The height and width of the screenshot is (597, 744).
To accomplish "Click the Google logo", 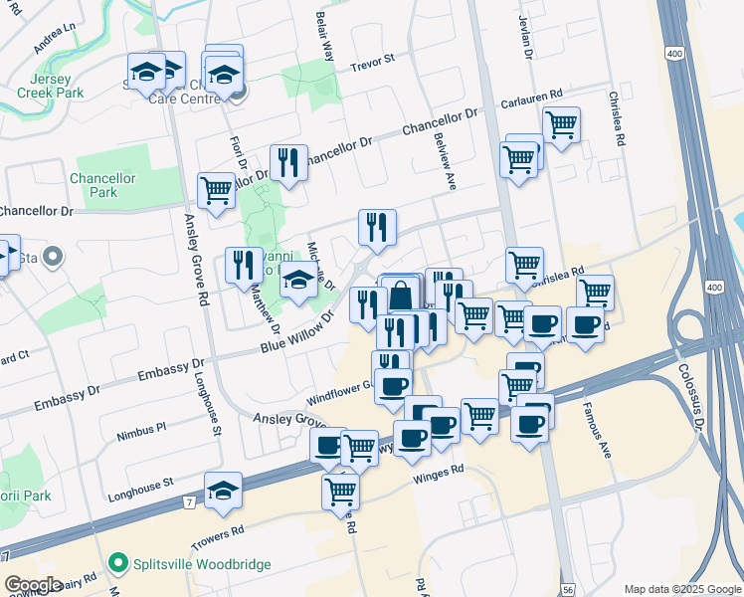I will tap(34, 585).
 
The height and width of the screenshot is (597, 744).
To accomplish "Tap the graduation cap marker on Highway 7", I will tap(223, 490).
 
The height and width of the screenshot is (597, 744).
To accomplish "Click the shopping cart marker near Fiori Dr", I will tap(216, 189).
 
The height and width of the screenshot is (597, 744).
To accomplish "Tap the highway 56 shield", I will tap(567, 589).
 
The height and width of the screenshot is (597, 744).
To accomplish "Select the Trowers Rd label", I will tap(218, 534).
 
